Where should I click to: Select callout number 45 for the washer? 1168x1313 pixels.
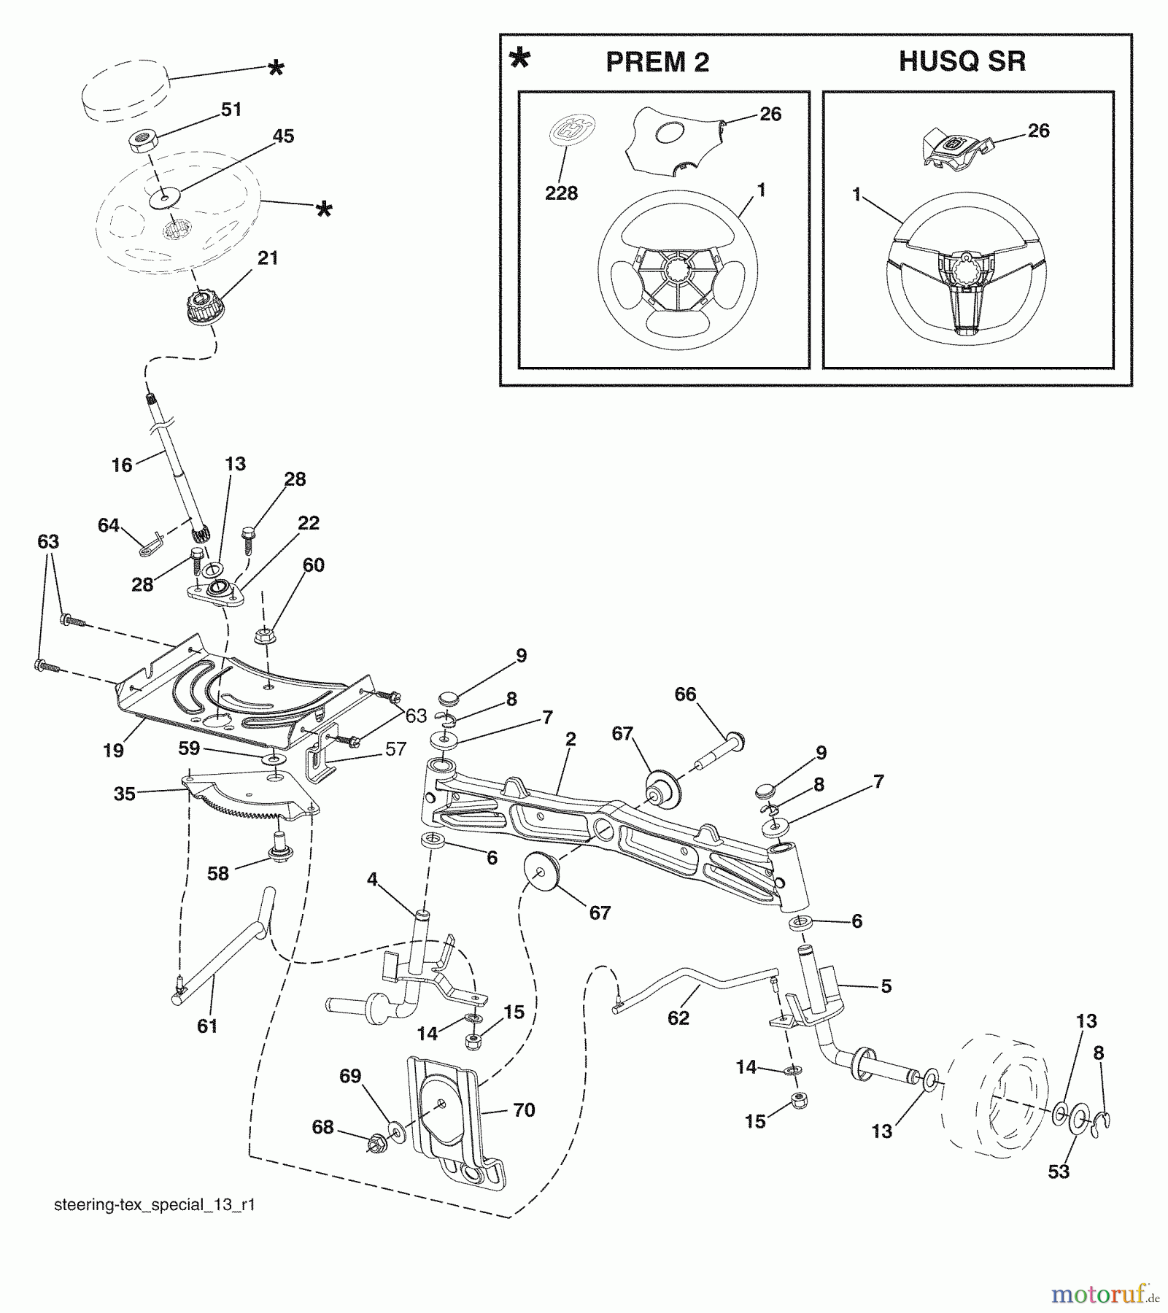click(x=283, y=136)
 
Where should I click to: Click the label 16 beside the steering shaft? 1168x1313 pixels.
click(x=122, y=465)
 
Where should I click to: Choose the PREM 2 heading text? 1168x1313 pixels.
click(x=657, y=63)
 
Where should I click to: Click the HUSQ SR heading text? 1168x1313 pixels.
click(x=962, y=61)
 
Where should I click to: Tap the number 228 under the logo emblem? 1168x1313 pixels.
click(x=561, y=193)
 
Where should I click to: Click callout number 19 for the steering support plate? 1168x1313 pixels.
click(x=113, y=751)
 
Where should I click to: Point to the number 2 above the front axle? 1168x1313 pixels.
click(x=570, y=740)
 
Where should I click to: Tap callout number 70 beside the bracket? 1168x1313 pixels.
click(x=524, y=1110)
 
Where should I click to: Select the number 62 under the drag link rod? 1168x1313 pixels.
click(x=678, y=1018)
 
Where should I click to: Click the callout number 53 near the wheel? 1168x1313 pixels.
click(x=1058, y=1171)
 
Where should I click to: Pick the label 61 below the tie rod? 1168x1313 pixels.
click(x=207, y=1026)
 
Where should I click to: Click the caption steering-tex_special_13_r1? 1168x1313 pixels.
click(x=155, y=1205)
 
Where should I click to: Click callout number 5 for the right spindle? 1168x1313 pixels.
click(x=886, y=986)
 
